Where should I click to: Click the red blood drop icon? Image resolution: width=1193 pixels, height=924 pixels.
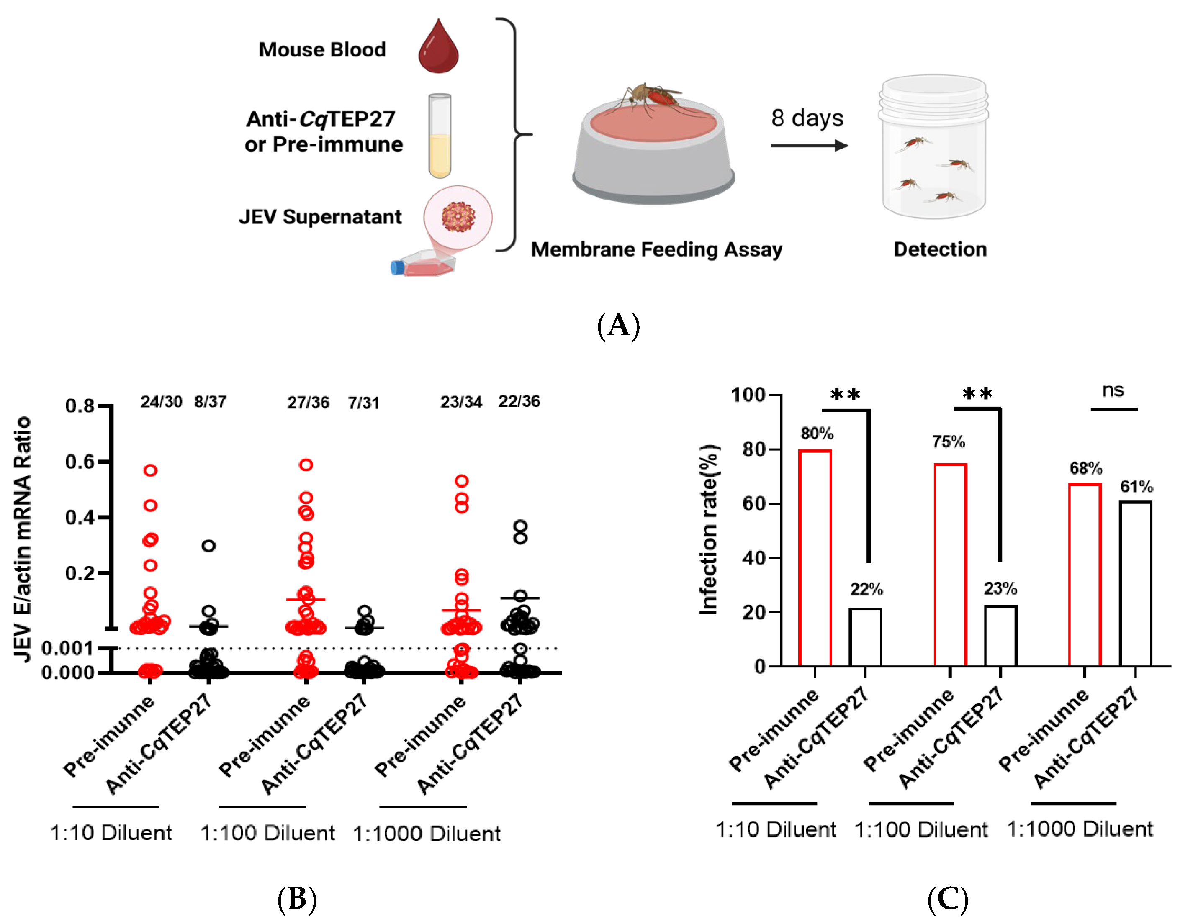pos(438,49)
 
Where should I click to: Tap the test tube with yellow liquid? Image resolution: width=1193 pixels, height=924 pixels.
pos(440,136)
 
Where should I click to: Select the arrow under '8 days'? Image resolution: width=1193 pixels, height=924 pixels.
pos(808,145)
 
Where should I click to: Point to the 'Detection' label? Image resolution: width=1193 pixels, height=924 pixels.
pos(940,249)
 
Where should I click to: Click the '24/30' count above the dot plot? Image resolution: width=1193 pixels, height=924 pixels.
pos(161,402)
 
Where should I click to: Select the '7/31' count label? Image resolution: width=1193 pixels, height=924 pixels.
pos(364,403)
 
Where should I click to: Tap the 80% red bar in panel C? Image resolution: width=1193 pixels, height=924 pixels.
pos(815,557)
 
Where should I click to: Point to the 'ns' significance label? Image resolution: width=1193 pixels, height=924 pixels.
pos(1113,390)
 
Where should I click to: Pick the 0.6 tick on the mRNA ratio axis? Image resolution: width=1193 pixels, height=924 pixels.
pos(80,462)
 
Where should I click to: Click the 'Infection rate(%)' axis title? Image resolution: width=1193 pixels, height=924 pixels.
pos(709,530)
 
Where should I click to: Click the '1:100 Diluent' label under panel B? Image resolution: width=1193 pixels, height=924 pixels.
pos(267,833)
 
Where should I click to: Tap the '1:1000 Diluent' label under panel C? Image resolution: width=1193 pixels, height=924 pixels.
pos(1080,829)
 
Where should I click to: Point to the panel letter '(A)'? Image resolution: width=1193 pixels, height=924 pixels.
pos(618,326)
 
